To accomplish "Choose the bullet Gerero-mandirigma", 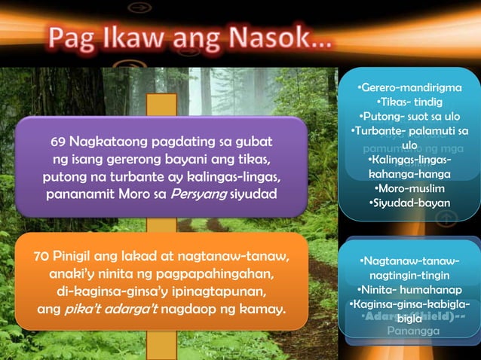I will coord(409,88).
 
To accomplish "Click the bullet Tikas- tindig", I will coord(409,102).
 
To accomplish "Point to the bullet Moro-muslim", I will coord(409,188).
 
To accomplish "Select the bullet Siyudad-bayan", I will coord(409,203).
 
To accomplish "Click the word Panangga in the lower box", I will coord(409,330).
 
